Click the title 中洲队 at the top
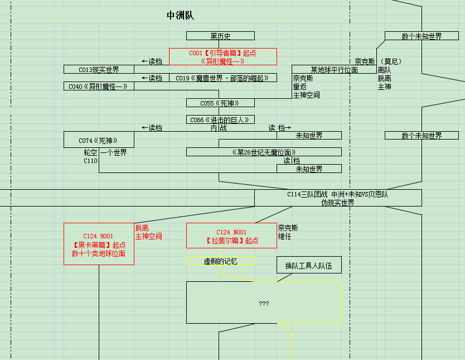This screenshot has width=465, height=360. [180, 16]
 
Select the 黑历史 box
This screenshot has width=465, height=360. [220, 36]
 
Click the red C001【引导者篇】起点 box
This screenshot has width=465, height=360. [223, 57]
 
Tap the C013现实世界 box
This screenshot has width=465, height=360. [99, 70]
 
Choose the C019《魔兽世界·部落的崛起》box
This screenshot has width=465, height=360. [222, 78]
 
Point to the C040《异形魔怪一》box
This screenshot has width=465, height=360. [99, 87]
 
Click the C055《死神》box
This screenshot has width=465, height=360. [220, 103]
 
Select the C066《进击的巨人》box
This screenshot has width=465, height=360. [220, 120]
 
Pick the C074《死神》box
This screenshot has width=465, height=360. [99, 140]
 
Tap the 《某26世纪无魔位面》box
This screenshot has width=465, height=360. [264, 152]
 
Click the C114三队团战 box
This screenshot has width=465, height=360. [338, 198]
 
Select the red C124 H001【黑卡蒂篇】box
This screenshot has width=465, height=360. [99, 244]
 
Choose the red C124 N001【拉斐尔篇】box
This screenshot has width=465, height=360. [231, 236]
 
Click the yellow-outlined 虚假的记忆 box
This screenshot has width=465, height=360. [220, 261]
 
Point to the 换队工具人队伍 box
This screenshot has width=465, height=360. [309, 266]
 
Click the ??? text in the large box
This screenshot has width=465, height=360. [264, 304]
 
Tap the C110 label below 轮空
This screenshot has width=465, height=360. [90, 161]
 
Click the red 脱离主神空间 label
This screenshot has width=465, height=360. [148, 232]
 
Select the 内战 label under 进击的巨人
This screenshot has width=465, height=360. [219, 128]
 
